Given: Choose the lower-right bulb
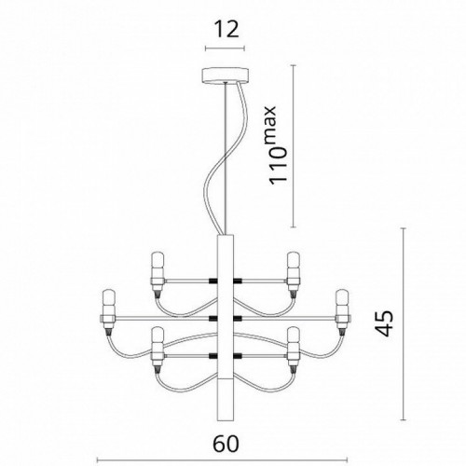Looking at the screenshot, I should [295, 347].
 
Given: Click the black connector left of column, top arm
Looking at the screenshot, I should [212, 281].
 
